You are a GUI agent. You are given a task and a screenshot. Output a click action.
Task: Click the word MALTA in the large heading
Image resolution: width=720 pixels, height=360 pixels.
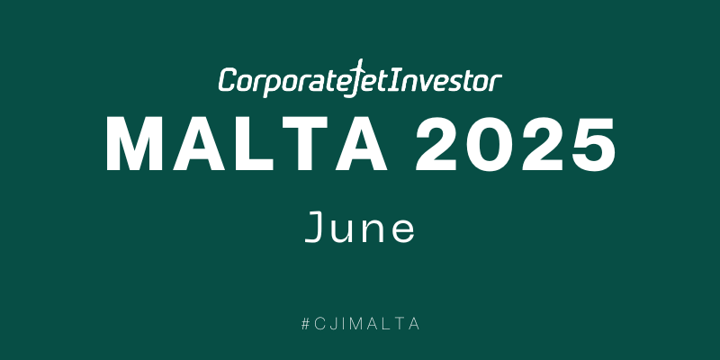[247, 144]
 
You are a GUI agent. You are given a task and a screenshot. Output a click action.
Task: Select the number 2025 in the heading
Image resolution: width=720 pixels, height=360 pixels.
[515, 144]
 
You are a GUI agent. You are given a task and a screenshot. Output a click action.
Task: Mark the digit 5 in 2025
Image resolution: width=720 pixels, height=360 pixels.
[592, 145]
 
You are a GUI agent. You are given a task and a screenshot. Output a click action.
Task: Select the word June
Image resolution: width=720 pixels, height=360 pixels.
[359, 228]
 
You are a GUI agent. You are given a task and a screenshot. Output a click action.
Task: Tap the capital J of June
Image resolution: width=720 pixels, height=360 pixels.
[316, 228]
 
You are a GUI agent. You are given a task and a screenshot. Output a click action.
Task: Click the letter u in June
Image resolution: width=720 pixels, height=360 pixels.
[345, 231]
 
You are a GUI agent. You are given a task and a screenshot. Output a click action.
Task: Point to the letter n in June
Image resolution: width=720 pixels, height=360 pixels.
[373, 230]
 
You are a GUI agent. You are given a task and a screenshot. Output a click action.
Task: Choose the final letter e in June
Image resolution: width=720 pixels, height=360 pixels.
[402, 231]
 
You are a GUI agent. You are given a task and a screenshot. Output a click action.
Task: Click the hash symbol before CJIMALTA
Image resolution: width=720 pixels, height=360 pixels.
[306, 324]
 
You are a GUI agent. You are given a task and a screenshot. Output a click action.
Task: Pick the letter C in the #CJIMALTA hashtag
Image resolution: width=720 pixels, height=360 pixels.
[320, 324]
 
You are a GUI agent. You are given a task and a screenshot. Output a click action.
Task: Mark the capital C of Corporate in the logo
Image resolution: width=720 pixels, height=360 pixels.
[228, 80]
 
